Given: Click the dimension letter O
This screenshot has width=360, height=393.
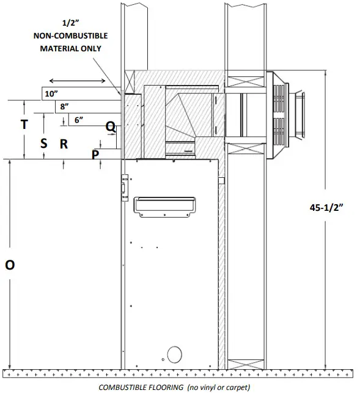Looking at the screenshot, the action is [10, 265].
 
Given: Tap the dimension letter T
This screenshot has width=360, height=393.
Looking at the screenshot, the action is [24, 124].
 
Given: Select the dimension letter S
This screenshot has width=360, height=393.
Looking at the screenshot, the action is [44, 144].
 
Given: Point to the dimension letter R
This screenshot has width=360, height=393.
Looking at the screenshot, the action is [64, 144].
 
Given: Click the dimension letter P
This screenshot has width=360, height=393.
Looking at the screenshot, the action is [95, 155].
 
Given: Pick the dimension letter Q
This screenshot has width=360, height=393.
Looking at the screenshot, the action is [111, 127].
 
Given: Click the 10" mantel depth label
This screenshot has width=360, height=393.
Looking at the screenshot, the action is [51, 94].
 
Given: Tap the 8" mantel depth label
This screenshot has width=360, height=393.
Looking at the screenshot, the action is [64, 106].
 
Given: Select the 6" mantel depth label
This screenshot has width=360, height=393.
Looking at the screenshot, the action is [79, 120].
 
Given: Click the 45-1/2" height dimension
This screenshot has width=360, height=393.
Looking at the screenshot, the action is [326, 208].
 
